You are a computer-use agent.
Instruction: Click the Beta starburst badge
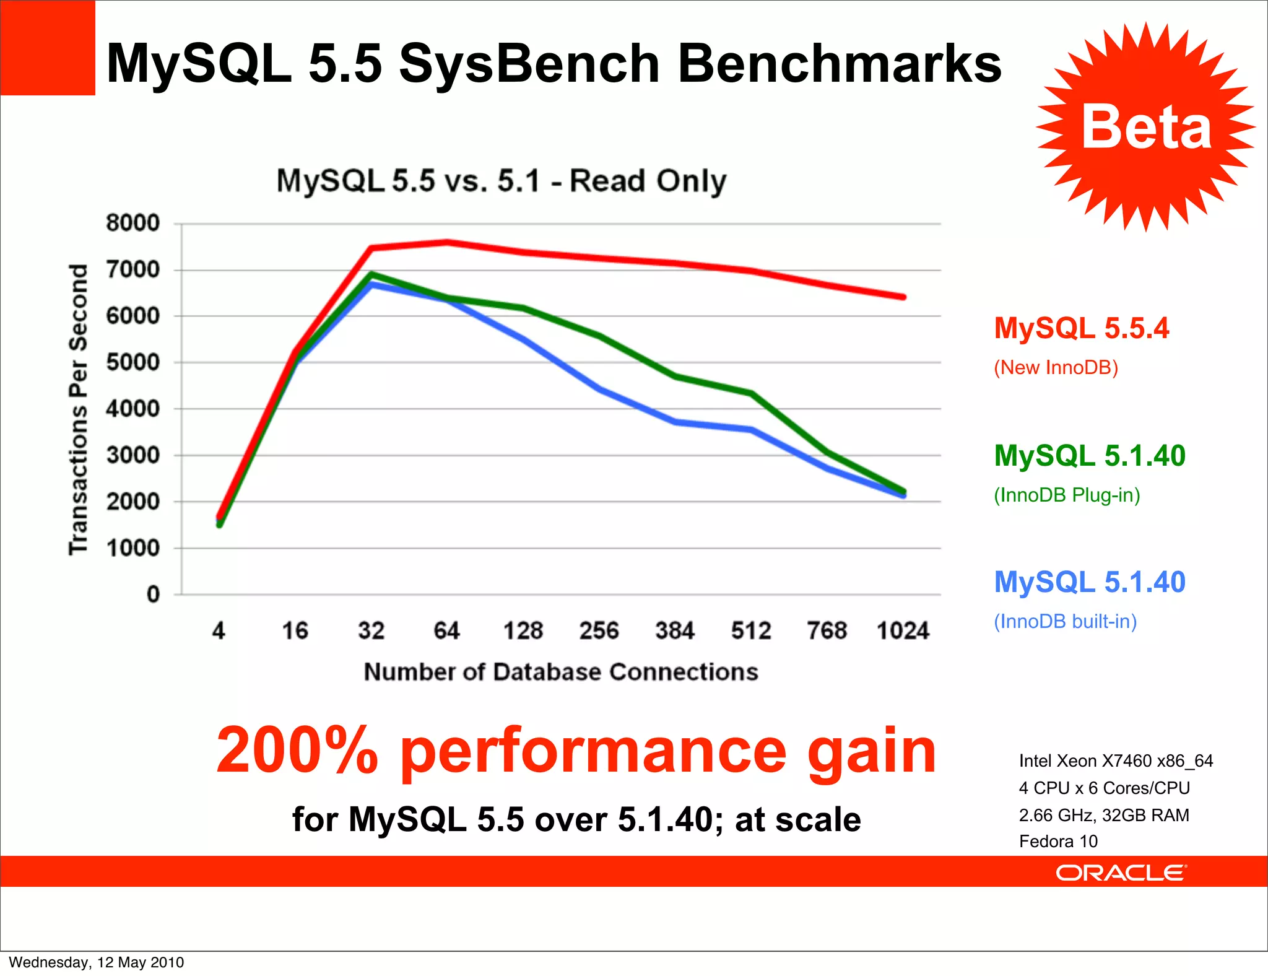1145,127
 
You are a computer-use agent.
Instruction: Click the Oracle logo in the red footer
1121,873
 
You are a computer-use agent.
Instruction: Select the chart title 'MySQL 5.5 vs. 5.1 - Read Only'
501,181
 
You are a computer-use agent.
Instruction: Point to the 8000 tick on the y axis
133,223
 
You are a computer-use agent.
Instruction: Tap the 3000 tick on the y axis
133,455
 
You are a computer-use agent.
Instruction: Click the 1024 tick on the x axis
903,630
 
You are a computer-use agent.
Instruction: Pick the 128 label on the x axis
523,630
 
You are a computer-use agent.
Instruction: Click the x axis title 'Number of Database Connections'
561,672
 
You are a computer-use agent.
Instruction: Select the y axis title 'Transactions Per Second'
79,409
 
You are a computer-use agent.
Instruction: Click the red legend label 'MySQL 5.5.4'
1081,328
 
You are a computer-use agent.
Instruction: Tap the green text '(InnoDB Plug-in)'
1067,495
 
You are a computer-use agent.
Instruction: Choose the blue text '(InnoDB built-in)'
1065,621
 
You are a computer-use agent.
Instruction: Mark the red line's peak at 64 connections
447,242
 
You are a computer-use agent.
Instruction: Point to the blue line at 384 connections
675,422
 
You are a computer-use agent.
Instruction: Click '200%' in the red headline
297,751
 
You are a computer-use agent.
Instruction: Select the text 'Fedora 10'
1058,841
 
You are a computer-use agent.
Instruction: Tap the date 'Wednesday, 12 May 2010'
96,962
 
